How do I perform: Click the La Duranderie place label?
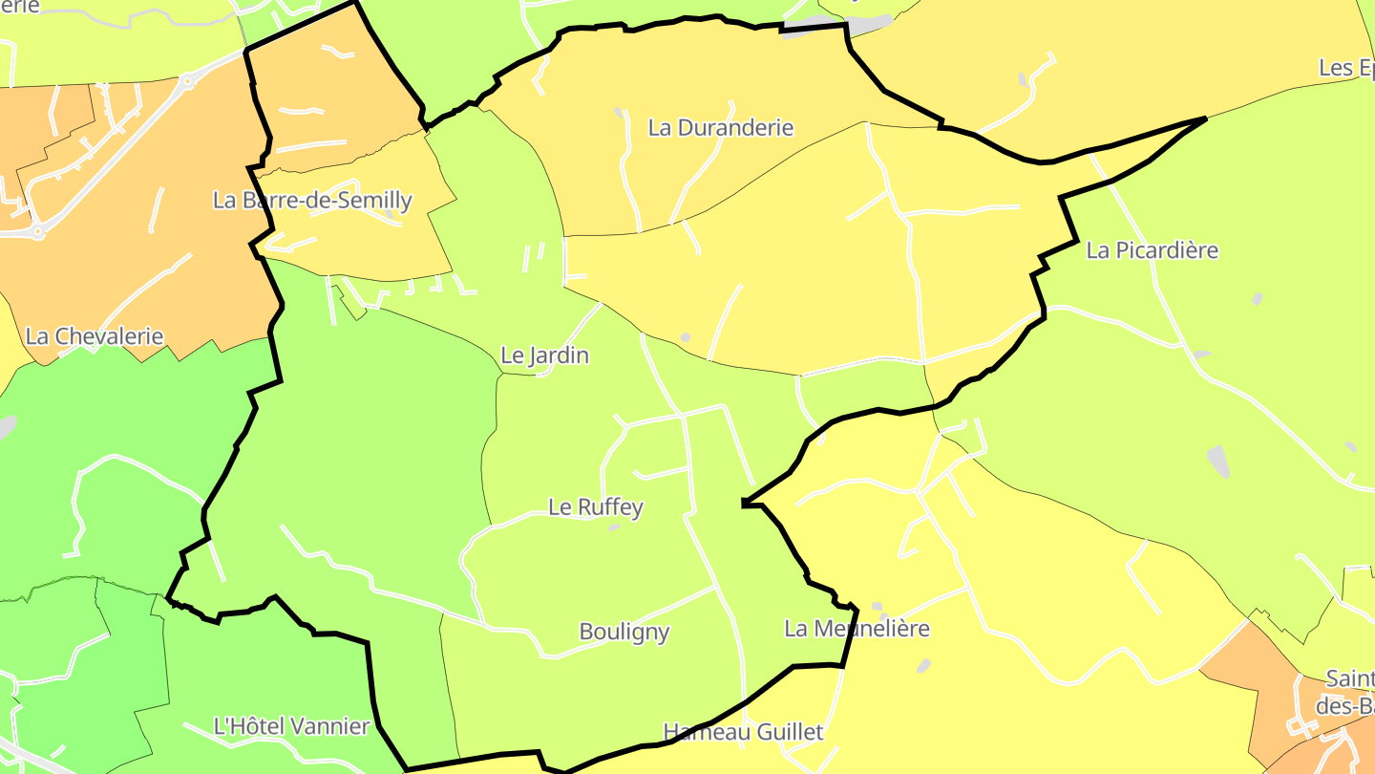(721, 128)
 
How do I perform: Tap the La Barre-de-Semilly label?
(312, 201)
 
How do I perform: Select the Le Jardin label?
(544, 355)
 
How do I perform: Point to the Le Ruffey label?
(595, 507)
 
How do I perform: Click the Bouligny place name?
(624, 632)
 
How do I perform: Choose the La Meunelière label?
(857, 629)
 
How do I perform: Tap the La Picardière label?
(1153, 250)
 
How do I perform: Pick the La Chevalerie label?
(95, 336)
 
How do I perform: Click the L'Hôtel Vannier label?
(291, 726)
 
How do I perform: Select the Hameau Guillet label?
(743, 733)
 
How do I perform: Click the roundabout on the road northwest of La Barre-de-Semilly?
(187, 81)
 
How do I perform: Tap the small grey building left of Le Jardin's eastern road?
(685, 337)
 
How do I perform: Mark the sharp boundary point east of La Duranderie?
(1205, 118)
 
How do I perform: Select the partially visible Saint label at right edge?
(1349, 679)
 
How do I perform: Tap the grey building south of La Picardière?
(1217, 461)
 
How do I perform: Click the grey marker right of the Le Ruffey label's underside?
(614, 527)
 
